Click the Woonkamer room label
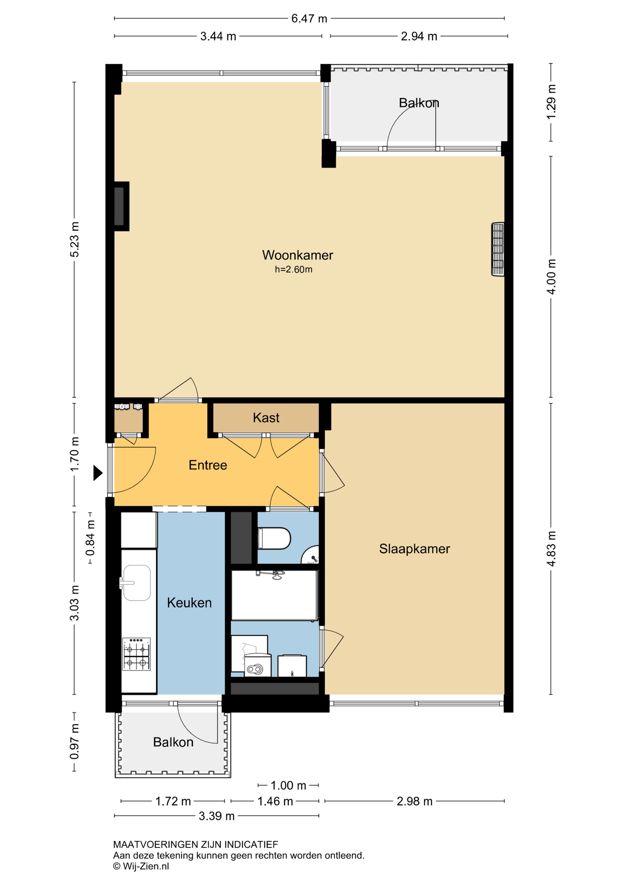297,255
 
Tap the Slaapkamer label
414,549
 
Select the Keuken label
189,603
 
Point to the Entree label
208,465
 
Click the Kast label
266,418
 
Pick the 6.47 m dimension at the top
309,19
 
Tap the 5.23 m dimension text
74,239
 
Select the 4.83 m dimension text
552,549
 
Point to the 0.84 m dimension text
91,538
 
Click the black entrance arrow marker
98,473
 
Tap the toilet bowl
274,538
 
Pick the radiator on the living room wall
498,249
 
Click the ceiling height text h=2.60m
293,270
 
